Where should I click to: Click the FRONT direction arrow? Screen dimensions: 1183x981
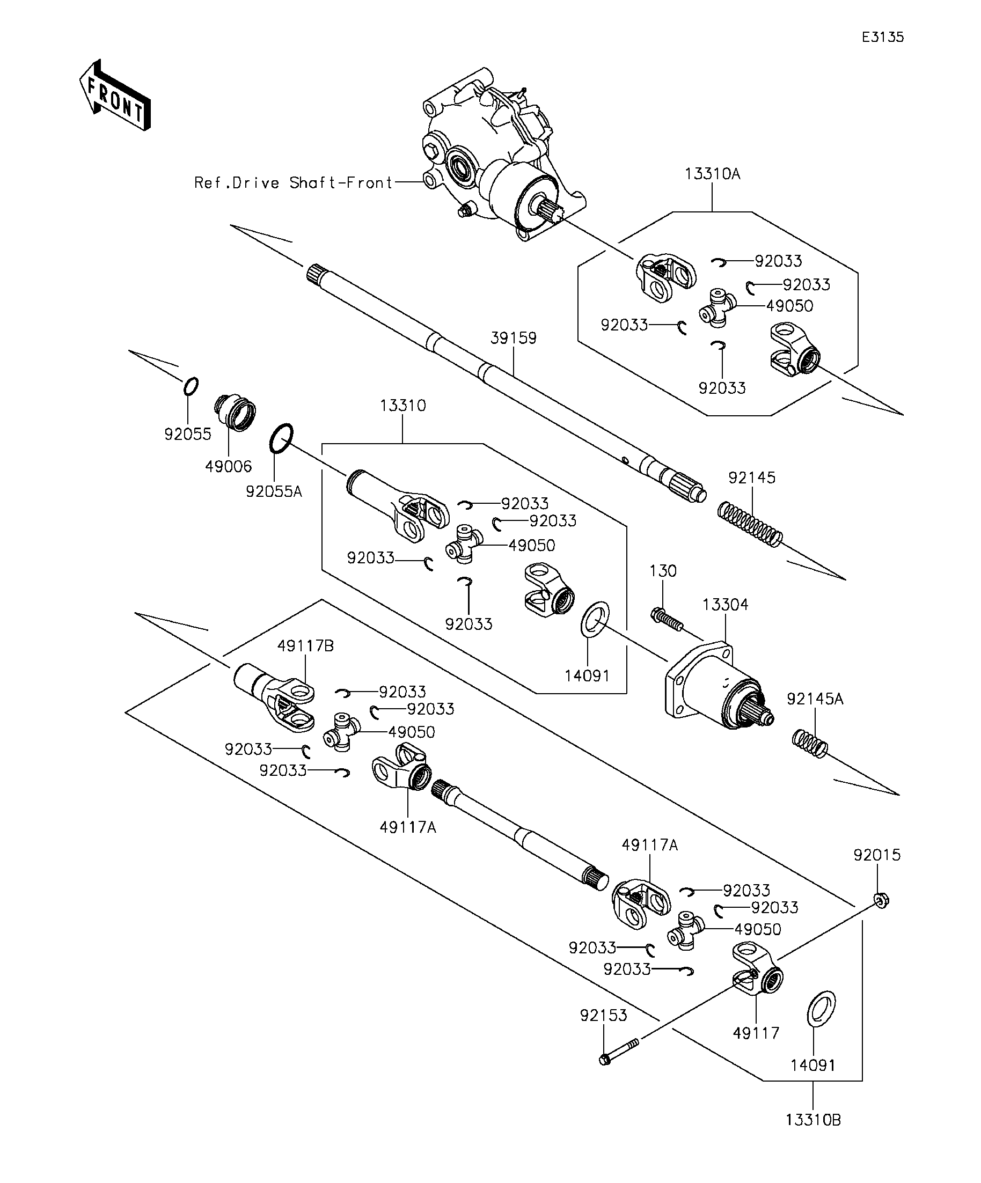click(115, 95)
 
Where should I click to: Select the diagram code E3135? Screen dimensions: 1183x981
click(883, 37)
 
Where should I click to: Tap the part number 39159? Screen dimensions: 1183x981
click(514, 338)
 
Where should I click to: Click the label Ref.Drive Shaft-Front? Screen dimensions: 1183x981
click(293, 182)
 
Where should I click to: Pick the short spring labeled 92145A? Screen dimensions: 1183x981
click(810, 743)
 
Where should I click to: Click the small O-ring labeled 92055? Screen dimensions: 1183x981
click(191, 386)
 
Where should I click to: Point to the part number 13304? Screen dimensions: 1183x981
click(725, 605)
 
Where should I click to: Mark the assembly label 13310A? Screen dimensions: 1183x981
click(712, 173)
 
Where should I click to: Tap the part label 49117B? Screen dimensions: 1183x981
click(305, 645)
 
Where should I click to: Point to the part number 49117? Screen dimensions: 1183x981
click(756, 1033)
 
